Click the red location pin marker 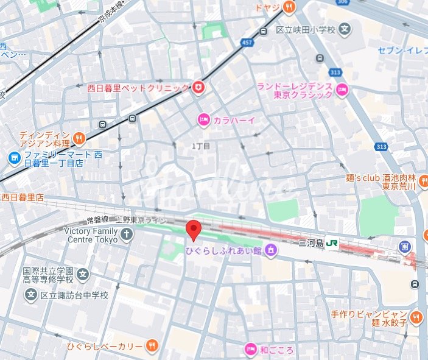click(x=193, y=231)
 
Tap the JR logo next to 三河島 click(x=332, y=242)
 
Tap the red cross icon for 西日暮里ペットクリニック click(x=198, y=88)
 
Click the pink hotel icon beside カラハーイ click(x=203, y=121)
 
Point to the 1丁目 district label click(x=200, y=146)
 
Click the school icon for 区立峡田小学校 click(x=345, y=29)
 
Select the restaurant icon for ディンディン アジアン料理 click(x=79, y=139)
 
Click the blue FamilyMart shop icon click(x=13, y=158)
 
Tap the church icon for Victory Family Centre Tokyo click(x=126, y=235)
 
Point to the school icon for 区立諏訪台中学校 click(x=31, y=295)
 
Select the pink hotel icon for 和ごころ click(x=250, y=349)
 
